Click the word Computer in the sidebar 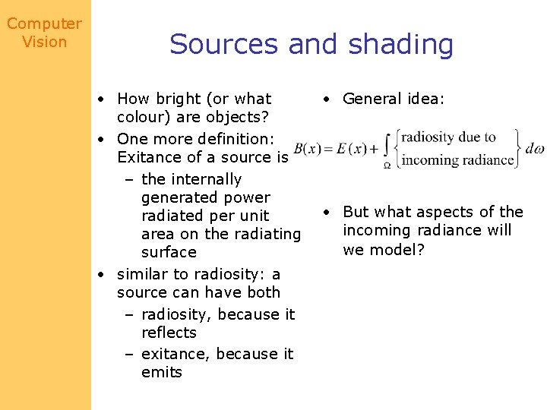click(44, 24)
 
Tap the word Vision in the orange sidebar click(44, 43)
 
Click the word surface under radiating click(169, 252)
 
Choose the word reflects click(169, 333)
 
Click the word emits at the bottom click(162, 372)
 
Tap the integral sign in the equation click(387, 149)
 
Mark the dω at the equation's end click(535, 149)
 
